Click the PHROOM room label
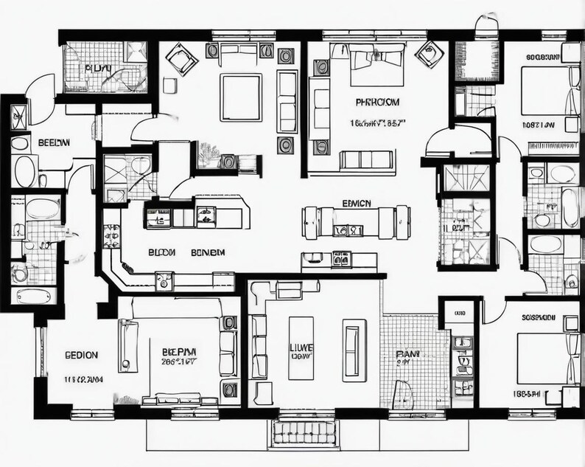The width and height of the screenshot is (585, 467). [x=377, y=102]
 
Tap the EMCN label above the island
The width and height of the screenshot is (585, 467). [x=357, y=204]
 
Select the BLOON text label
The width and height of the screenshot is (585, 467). [x=161, y=252]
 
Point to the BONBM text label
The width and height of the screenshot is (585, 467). [x=208, y=252]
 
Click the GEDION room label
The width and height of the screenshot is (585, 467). [x=81, y=355]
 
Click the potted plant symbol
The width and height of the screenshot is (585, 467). [x=209, y=155]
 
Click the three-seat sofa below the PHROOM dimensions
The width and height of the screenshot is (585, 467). [x=365, y=159]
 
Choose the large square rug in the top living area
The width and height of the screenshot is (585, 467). [x=241, y=98]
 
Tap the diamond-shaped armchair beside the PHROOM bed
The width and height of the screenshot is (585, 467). [x=427, y=54]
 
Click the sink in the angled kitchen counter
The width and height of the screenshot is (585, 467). [x=163, y=280]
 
